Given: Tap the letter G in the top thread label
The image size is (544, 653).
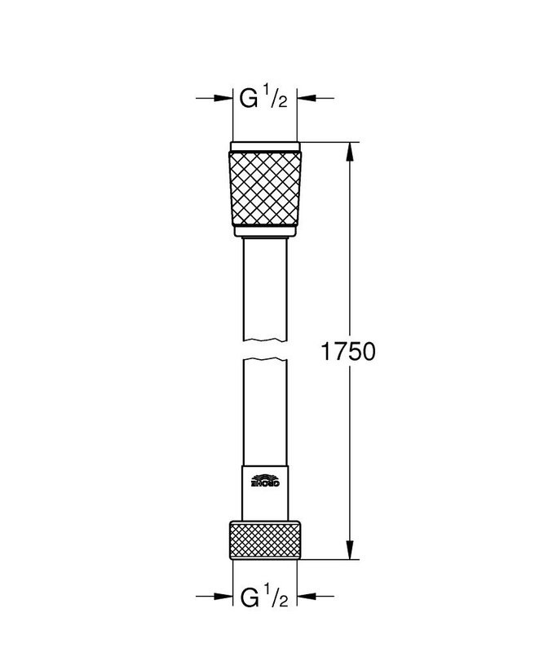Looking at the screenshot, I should click(x=249, y=100).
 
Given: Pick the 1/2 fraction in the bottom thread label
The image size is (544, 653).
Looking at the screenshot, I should click(x=276, y=597).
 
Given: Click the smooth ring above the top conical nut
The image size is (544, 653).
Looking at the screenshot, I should click(x=266, y=148).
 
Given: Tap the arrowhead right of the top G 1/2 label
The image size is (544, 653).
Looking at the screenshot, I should click(x=307, y=99).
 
